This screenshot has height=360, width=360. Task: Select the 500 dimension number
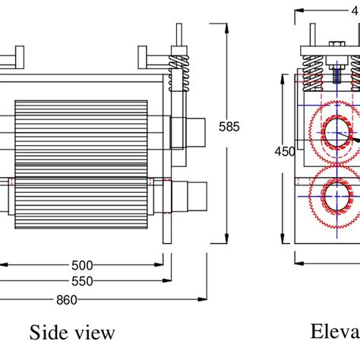coord(82,265)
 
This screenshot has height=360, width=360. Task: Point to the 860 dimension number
coord(67,299)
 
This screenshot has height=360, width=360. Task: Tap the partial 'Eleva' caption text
coord(334,332)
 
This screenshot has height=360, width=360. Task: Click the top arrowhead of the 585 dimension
coord(228,27)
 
